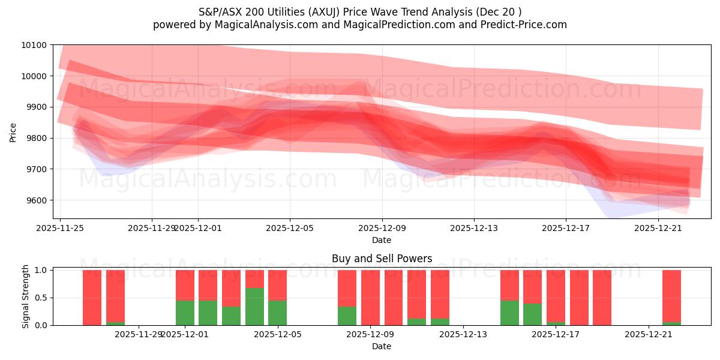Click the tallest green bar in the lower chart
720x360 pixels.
coord(254,306)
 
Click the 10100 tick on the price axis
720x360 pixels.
coord(35,45)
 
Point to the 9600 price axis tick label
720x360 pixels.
coord(37,200)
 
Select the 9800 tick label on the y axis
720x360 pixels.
coord(37,138)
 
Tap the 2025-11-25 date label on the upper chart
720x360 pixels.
coord(60,228)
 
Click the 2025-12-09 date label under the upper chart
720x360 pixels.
coord(382,228)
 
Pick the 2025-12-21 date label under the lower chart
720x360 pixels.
coord(649,335)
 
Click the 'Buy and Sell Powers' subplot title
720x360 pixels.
coord(382,259)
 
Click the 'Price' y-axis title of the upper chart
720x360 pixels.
coord(13,131)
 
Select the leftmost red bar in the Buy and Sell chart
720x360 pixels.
coord(92,297)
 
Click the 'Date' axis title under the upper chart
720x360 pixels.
coord(382,240)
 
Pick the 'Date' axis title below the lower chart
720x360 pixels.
coord(382,346)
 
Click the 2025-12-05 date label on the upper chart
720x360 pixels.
coord(290,228)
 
